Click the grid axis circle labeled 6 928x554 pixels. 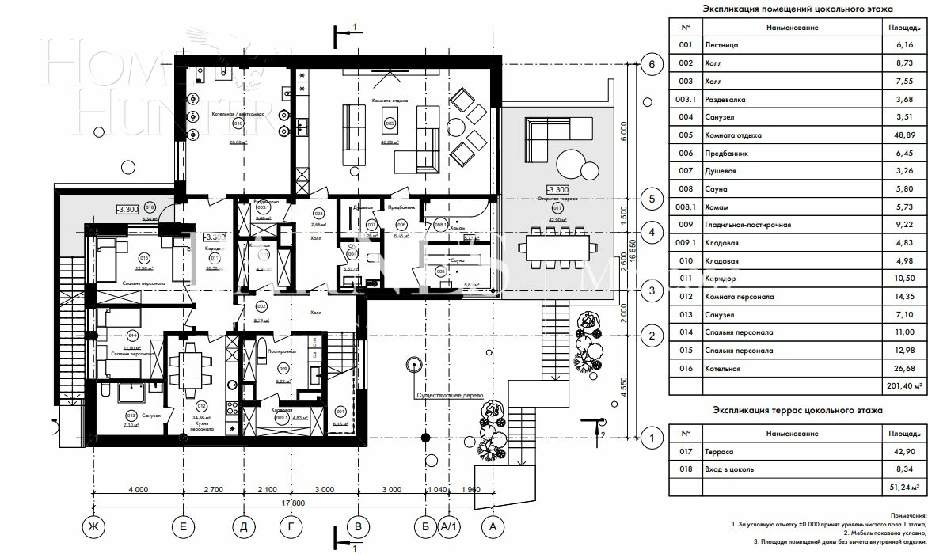coord(652,65)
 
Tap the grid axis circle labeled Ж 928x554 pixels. coord(93,525)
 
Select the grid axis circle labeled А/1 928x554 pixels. coord(449,525)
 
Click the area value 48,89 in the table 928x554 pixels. coord(903,135)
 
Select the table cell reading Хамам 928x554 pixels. coord(716,207)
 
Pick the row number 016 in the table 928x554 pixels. coord(686,369)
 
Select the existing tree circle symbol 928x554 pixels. coord(413,365)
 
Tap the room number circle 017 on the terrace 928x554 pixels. coord(557,209)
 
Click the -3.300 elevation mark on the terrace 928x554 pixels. coord(557,190)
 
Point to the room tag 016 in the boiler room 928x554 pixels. coord(237,124)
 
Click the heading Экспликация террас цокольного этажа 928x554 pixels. coord(797,410)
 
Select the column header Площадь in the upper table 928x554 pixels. coord(903,28)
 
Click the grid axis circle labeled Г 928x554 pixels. coord(292,525)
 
